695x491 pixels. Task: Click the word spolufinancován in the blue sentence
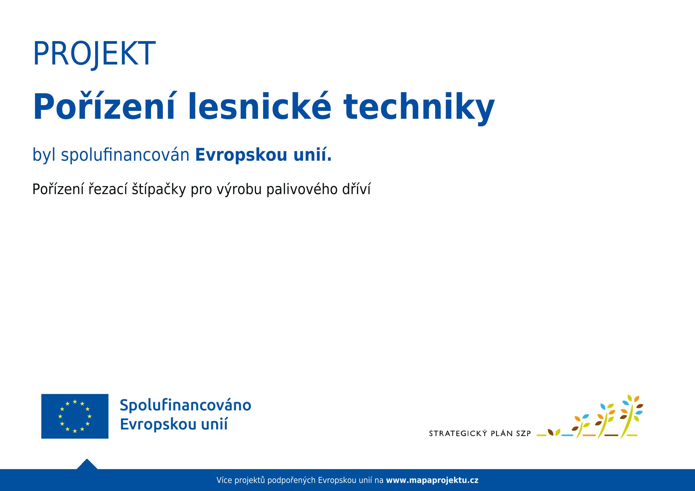click(x=125, y=155)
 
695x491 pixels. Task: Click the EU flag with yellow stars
click(x=75, y=416)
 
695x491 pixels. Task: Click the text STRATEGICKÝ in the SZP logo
click(x=458, y=434)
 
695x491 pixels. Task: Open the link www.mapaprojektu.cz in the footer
click(x=432, y=480)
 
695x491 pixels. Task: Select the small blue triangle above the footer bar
click(x=87, y=464)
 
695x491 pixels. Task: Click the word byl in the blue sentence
click(x=44, y=155)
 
